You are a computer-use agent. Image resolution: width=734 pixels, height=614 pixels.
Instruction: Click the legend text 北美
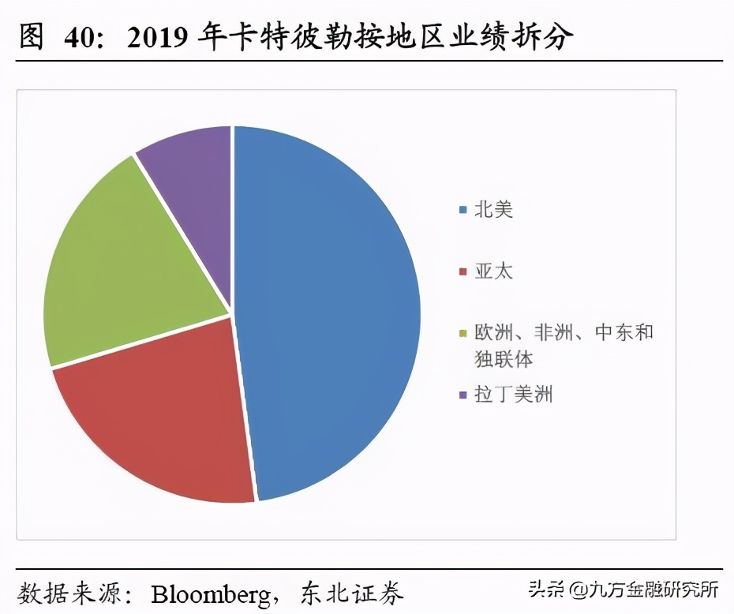tap(493, 210)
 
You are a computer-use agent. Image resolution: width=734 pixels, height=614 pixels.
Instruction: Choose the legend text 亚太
tap(493, 271)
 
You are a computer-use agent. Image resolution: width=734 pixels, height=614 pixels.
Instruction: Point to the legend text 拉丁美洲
tap(513, 394)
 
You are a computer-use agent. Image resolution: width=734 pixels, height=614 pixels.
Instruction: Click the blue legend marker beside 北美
tap(463, 211)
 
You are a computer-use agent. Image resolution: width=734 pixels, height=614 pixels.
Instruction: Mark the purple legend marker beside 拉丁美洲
tap(463, 395)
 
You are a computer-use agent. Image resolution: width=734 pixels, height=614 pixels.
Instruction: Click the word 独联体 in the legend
tap(504, 359)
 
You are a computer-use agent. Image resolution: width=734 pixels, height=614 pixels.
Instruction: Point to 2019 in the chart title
tap(159, 37)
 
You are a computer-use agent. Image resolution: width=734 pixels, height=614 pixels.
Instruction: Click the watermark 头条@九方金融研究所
tap(624, 590)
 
